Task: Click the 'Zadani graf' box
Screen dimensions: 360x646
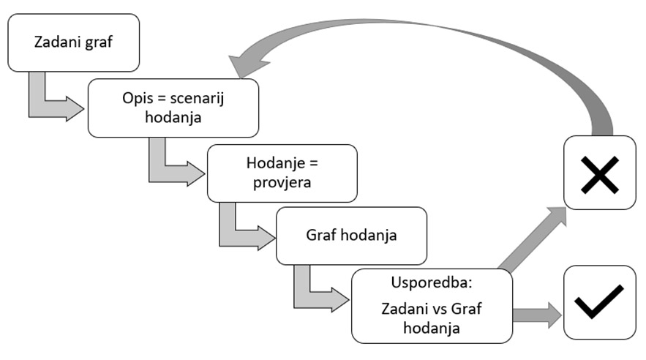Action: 72,42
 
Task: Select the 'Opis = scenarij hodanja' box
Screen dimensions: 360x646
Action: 173,108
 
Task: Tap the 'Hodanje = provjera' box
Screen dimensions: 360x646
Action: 282,173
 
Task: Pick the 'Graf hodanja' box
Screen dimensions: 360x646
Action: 350,236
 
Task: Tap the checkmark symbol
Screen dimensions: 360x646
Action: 599,302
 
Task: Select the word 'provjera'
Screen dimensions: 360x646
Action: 282,182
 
